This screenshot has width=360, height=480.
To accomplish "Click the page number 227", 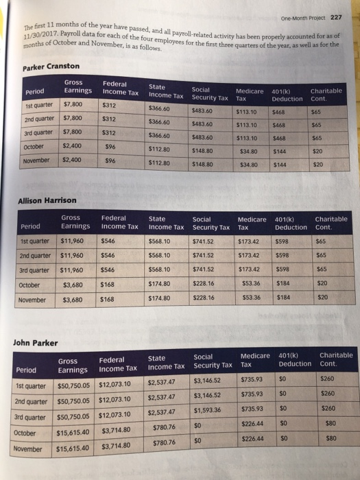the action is [x=336, y=17].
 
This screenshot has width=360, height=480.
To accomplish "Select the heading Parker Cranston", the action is [x=51, y=67].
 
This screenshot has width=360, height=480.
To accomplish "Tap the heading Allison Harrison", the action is [x=47, y=200].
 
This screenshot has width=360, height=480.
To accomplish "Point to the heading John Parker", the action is [x=35, y=343].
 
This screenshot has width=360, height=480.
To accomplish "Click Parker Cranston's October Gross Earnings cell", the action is [x=72, y=146].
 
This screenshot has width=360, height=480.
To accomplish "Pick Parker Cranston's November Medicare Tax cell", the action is [x=248, y=165].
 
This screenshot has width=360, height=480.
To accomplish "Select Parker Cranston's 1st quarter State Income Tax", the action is [x=159, y=108].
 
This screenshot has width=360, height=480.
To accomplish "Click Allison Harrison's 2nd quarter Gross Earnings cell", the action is [x=71, y=255].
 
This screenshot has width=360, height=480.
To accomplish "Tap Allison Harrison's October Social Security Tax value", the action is [x=203, y=283].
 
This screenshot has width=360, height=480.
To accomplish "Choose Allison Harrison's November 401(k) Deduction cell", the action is [x=283, y=297].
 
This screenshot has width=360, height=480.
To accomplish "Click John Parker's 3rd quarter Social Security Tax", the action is [x=207, y=410].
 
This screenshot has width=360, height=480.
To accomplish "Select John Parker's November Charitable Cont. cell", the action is [x=331, y=438].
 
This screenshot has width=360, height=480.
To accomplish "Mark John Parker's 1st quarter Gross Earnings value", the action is [x=73, y=385].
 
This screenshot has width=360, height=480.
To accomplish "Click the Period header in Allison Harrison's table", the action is [x=30, y=226].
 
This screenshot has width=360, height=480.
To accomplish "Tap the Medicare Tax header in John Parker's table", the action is [x=255, y=360].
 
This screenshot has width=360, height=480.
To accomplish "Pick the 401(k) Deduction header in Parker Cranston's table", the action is [x=287, y=95].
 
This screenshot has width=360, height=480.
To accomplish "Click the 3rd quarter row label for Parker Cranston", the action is [x=38, y=133].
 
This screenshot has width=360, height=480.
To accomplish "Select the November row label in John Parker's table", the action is [x=27, y=449].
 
